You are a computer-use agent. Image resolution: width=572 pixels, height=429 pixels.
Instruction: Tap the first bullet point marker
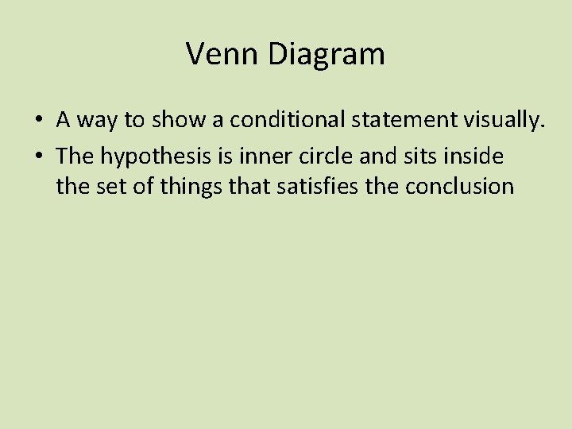[x=38, y=121]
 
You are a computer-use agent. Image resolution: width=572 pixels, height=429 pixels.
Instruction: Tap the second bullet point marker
[x=38, y=157]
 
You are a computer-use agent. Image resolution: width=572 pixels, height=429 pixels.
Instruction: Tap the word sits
[x=419, y=157]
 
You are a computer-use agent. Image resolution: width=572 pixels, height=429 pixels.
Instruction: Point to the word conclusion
[x=460, y=187]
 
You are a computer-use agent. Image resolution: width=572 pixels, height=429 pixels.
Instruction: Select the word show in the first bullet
[x=174, y=120]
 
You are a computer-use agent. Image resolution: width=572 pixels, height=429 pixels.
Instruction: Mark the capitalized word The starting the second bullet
[x=75, y=157]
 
